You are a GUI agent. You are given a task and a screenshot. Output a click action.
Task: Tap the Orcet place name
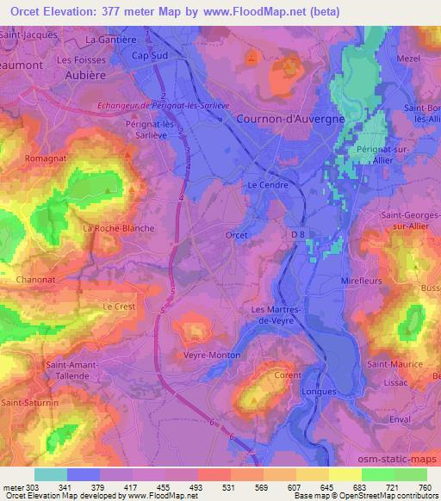237,235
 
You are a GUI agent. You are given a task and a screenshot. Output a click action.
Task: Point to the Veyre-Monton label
212,355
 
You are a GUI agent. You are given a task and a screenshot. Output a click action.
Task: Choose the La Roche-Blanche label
118,228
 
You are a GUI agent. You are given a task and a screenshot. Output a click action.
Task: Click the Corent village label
288,375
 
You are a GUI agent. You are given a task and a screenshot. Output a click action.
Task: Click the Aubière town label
85,75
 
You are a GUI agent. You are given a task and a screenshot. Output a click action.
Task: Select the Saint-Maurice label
394,364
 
